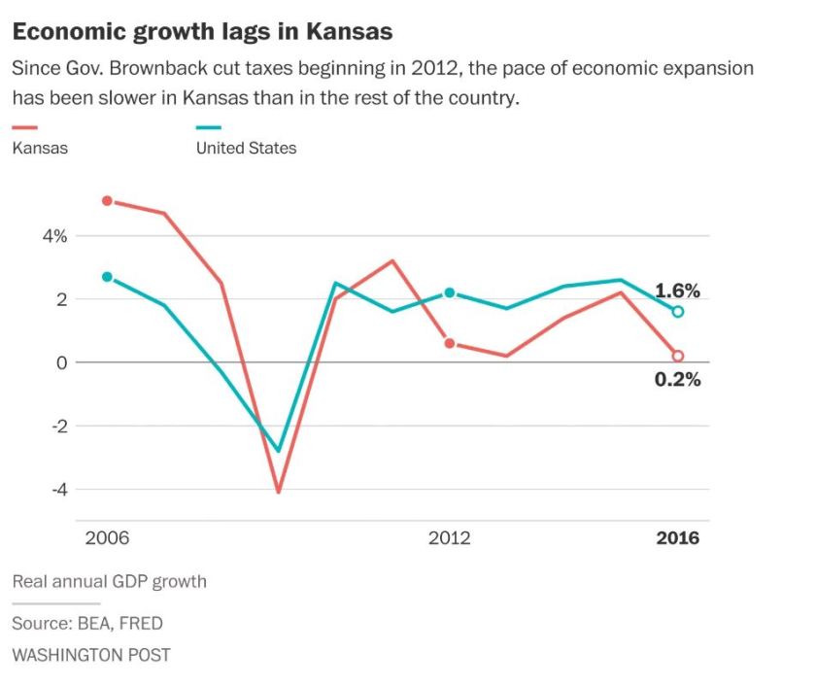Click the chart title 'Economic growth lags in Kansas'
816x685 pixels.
202,31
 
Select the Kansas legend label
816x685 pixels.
40,149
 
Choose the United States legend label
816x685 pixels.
246,149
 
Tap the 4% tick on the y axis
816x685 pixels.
53,236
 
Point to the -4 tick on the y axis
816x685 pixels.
59,490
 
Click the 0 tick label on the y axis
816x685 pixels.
61,362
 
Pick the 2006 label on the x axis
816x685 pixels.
107,538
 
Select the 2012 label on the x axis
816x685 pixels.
449,538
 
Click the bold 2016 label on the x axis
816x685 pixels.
677,538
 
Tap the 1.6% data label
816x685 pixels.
677,291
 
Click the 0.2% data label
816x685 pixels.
677,380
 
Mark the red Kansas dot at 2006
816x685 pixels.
107,201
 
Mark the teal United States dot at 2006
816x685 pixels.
107,277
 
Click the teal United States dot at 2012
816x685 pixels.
449,292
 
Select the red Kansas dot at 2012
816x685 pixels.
449,343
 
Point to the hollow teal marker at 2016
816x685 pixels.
678,312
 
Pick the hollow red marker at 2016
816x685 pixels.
678,356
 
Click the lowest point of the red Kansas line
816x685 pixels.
279,492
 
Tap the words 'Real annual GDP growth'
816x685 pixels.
109,582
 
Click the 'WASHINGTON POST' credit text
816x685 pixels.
90,655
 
